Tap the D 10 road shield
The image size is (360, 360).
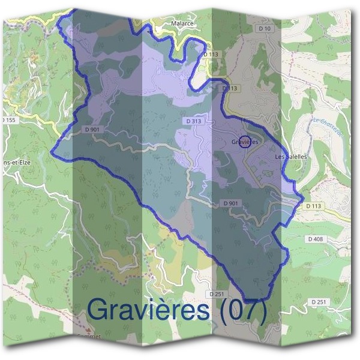(265, 28)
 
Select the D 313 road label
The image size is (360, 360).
(193, 121)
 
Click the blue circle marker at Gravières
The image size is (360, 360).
(245, 142)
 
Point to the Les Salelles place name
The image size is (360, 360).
(290, 157)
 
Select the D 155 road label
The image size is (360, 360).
(8, 120)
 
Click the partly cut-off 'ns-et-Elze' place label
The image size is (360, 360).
(16, 162)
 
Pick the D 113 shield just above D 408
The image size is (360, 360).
(313, 206)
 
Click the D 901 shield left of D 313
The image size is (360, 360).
(92, 129)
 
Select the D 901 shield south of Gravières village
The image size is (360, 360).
(231, 203)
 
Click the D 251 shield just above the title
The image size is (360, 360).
(218, 293)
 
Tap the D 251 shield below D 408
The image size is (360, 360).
(319, 301)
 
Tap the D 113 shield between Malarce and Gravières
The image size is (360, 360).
(230, 88)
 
